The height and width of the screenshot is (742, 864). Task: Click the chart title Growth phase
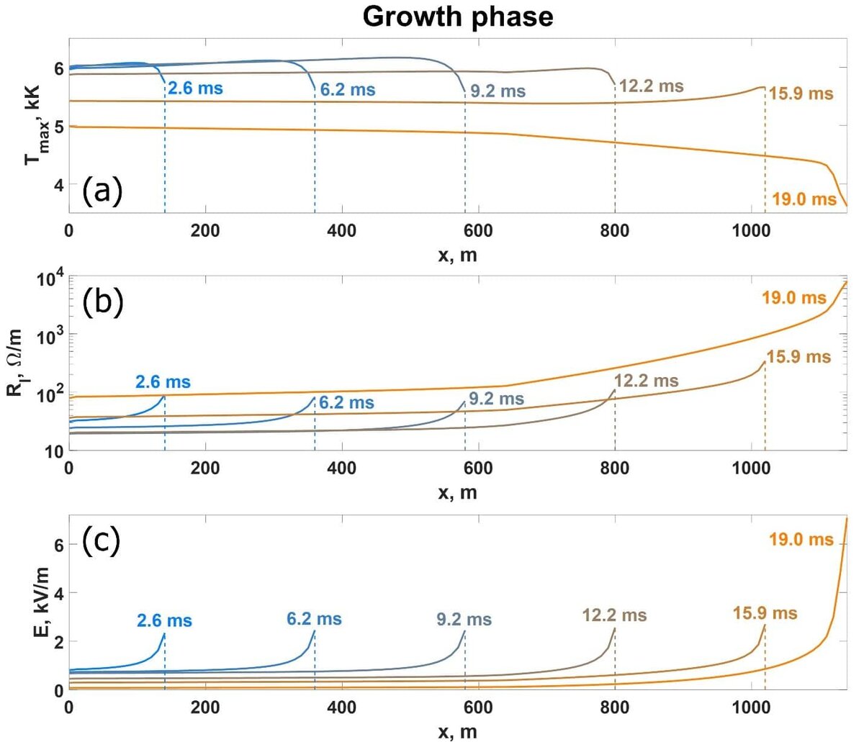458,16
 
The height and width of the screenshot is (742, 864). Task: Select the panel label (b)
103,303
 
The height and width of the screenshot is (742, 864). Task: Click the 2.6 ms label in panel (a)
195,89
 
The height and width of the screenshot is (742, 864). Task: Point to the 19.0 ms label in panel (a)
804,199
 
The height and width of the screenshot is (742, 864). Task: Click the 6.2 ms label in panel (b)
346,403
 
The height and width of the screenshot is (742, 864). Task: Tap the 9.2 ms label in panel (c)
464,619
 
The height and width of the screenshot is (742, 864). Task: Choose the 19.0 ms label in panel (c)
801,539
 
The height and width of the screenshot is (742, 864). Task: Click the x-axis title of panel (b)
457,493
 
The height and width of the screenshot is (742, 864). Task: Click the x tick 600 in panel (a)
478,231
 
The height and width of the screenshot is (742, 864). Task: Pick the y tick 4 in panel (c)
58,593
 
